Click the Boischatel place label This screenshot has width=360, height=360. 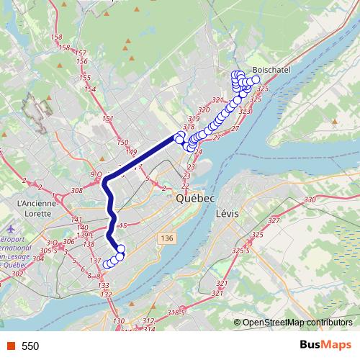270,71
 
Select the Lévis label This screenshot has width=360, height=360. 226,214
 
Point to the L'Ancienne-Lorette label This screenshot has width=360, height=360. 33,208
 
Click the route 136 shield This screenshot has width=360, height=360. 168,238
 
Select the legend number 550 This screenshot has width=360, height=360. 30,346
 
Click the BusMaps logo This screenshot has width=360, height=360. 325,346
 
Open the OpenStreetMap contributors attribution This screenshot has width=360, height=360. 297,323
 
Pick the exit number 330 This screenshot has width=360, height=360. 310,199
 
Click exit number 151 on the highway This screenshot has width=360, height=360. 108,119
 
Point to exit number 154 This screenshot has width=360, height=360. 90,89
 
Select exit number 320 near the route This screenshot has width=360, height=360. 203,110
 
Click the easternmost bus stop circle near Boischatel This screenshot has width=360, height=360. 256,80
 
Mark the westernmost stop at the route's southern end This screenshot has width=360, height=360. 107,264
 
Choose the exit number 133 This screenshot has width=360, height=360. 104,286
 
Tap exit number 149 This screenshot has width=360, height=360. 130,151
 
